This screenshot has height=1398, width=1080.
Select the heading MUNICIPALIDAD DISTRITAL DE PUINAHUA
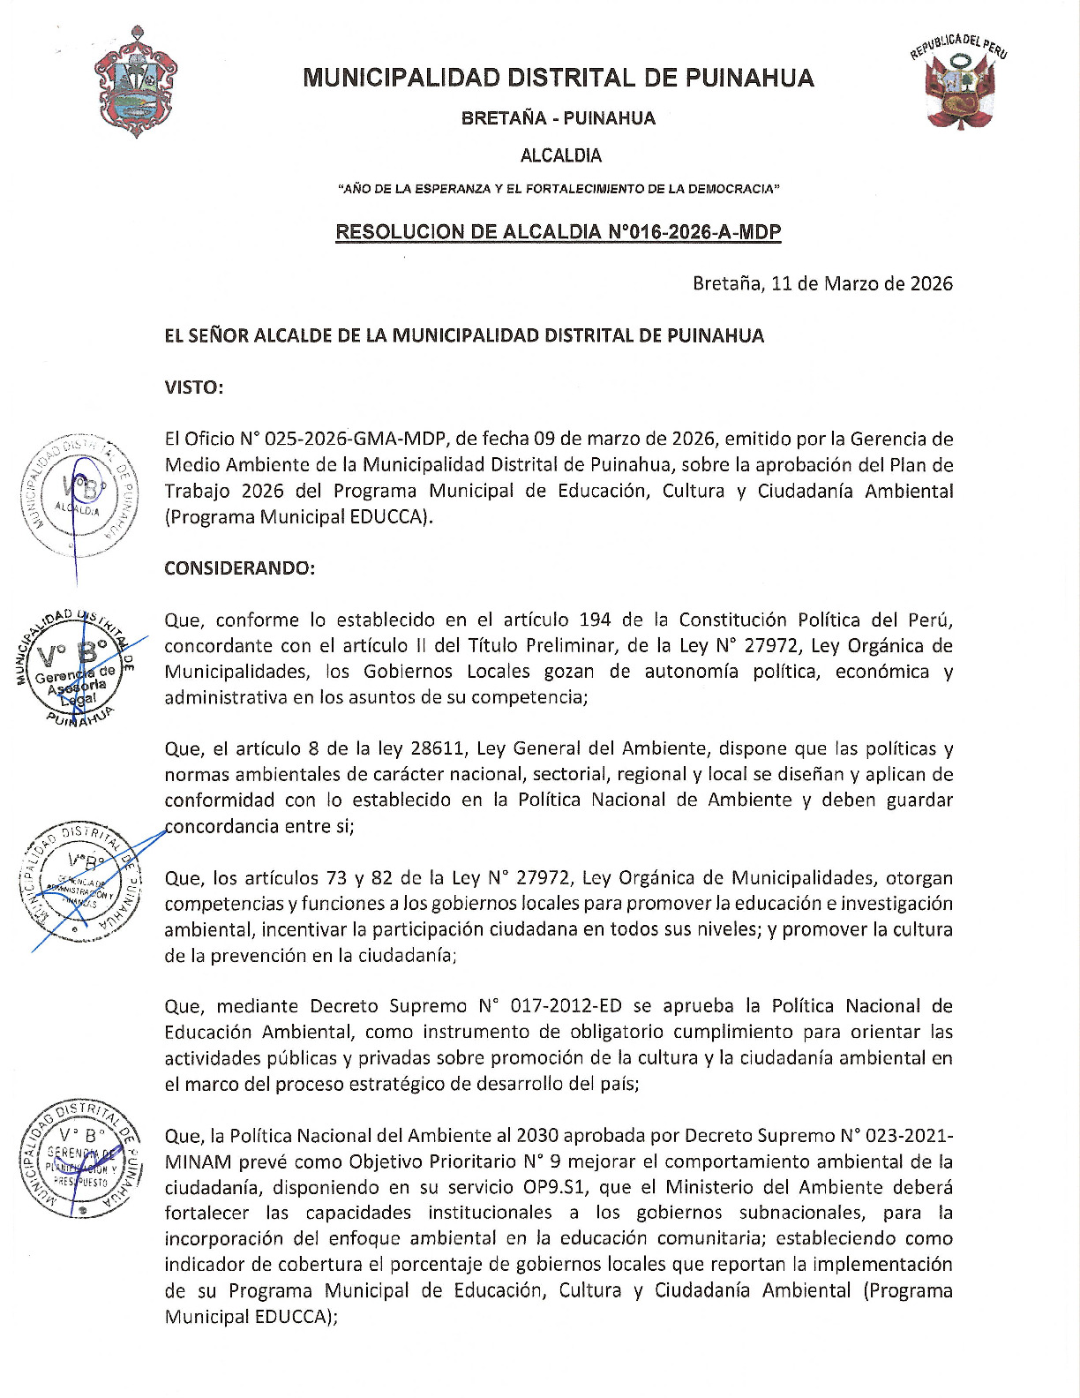pos(558,78)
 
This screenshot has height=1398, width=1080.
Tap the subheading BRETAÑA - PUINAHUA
pos(558,118)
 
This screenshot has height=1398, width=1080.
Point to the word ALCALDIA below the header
pos(560,155)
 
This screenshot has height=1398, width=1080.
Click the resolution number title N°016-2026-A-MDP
pos(558,232)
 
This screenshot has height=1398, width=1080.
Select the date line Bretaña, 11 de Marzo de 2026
pos(821,283)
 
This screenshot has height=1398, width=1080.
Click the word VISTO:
pos(193,387)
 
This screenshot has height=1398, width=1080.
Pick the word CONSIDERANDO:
pos(239,567)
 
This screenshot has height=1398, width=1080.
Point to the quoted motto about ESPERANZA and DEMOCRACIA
pos(558,189)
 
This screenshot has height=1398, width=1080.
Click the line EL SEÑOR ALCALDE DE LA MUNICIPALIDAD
pos(464,335)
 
